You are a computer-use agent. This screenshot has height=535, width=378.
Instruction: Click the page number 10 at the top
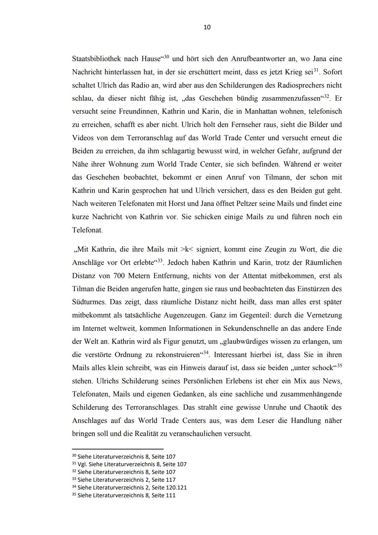point(207,27)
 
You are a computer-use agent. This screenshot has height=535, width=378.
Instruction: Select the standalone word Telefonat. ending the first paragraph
point(87,230)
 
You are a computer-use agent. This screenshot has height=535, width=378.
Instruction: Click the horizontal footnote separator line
point(118,449)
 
